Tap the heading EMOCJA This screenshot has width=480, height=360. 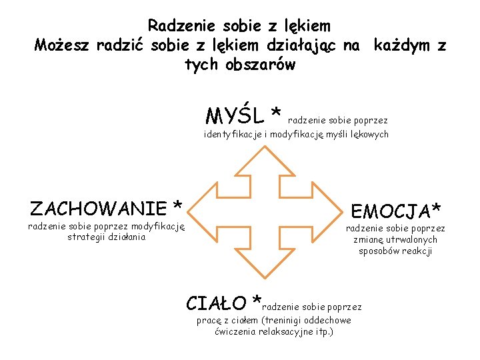pyautogui.click(x=391, y=212)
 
